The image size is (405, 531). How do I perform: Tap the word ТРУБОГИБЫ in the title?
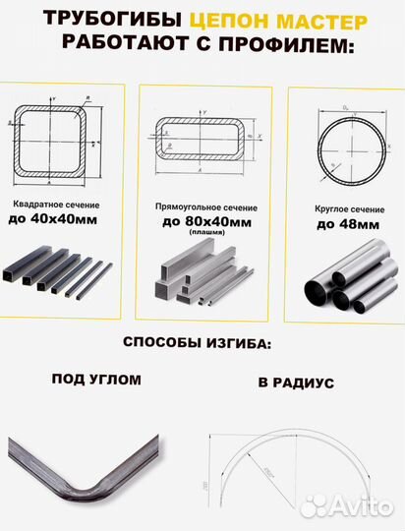[123, 20]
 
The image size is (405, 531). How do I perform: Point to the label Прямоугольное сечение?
[200, 208]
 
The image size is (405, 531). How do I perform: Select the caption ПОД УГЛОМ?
[95, 379]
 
